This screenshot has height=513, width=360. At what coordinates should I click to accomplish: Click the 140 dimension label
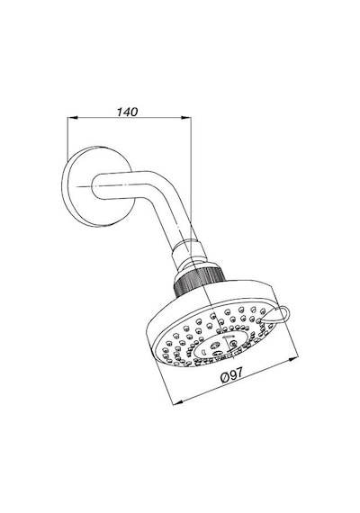tap(127, 112)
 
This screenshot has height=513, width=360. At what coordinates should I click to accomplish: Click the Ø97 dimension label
tap(232, 375)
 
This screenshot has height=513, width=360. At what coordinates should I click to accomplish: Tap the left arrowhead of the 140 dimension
tap(72, 118)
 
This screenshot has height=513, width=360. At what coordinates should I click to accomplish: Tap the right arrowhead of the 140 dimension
tap(186, 118)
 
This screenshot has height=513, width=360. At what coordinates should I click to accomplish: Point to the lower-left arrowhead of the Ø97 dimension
tap(177, 402)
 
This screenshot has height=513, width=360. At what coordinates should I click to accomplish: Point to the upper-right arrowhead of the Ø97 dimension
tap(293, 360)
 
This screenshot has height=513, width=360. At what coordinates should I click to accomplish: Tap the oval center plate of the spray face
tap(219, 346)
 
